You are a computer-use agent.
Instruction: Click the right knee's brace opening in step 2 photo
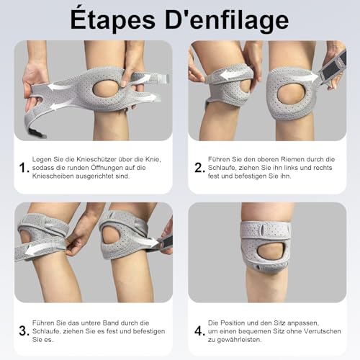click(x=292, y=92)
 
